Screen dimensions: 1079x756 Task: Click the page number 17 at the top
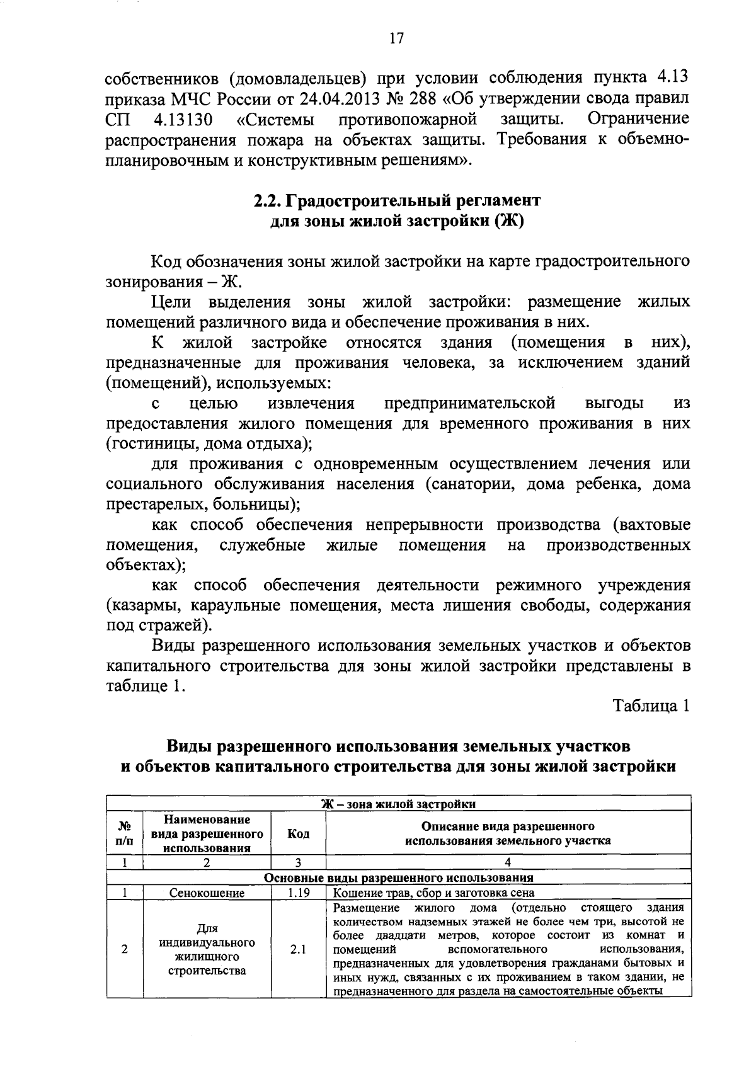tap(395, 39)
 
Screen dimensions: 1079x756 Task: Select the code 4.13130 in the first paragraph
tap(183, 119)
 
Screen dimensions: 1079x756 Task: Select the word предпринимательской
tap(470, 402)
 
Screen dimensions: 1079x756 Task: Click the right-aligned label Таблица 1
tap(652, 706)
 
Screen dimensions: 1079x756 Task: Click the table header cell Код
tap(298, 833)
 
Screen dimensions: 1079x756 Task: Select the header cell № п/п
tap(125, 833)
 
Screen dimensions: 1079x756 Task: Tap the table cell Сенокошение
tap(207, 893)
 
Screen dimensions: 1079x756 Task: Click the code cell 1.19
tap(298, 893)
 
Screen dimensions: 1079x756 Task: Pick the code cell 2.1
tap(298, 949)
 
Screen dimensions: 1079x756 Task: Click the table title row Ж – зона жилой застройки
tap(398, 804)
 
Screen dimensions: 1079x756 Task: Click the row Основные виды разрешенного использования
tap(398, 877)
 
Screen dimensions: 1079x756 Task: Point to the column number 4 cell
tap(508, 863)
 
